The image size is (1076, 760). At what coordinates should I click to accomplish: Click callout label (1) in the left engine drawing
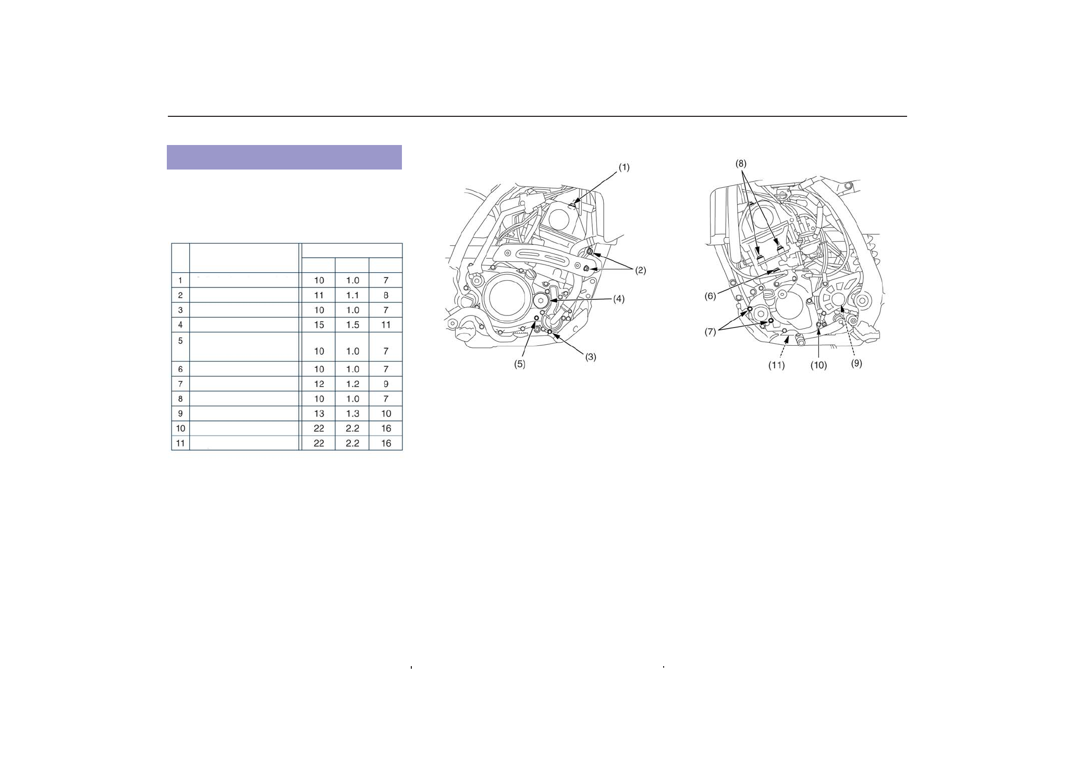click(x=623, y=167)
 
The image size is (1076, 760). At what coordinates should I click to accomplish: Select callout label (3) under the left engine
click(x=590, y=357)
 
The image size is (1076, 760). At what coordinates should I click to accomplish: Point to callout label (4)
click(x=618, y=299)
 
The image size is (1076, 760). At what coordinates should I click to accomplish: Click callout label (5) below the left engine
click(x=520, y=365)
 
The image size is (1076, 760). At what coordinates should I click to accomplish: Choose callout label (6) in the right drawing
click(x=711, y=296)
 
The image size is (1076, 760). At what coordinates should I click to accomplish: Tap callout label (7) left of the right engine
click(x=711, y=332)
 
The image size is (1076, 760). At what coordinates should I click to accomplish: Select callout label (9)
click(x=857, y=364)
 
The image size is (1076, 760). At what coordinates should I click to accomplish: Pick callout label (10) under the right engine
click(x=818, y=366)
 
